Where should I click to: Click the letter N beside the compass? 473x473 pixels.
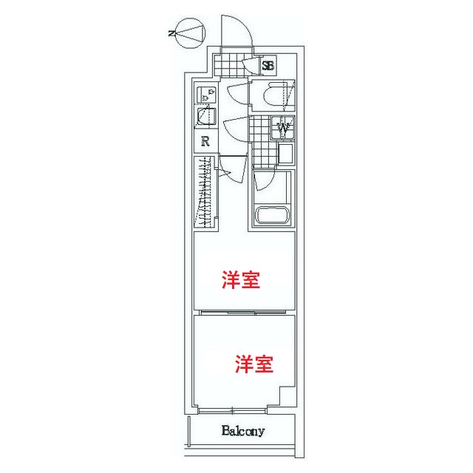pyautogui.click(x=171, y=33)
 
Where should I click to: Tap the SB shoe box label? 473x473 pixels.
pyautogui.click(x=268, y=66)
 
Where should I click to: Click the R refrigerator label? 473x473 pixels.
pyautogui.click(x=205, y=142)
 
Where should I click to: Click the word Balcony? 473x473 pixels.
pyautogui.click(x=243, y=431)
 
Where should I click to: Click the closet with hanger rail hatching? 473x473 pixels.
pyautogui.click(x=205, y=193)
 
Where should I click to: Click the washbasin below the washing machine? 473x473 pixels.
pyautogui.click(x=285, y=154)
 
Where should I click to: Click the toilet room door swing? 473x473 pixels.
pyautogui.click(x=238, y=94)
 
